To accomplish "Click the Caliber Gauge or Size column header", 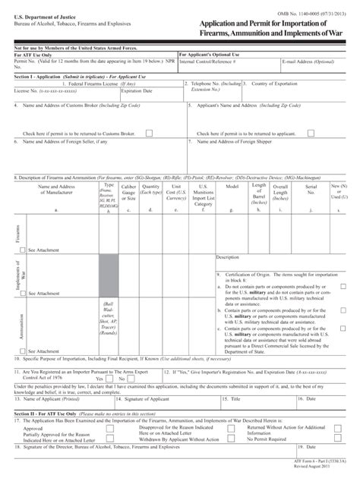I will pyautogui.click(x=128, y=197).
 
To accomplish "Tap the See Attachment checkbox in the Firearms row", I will pyautogui.click(x=23, y=249).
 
